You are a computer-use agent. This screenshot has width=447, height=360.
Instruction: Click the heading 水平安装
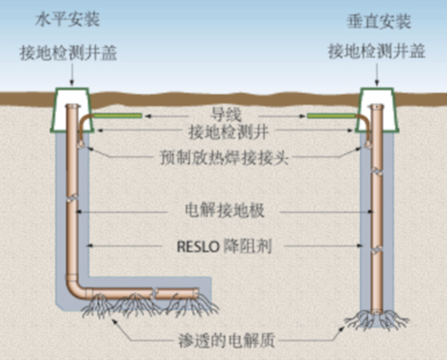(67, 19)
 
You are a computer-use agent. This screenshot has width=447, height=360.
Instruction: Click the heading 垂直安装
(379, 21)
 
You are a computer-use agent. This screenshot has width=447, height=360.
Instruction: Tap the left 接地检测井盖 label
(68, 53)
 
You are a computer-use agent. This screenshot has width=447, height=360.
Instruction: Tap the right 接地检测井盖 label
(377, 51)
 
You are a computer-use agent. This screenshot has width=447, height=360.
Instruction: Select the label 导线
(226, 115)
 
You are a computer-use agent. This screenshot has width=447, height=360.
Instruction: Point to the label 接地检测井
(229, 132)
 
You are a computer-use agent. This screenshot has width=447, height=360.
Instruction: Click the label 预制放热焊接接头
(225, 157)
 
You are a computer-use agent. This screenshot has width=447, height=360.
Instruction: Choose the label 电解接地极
(225, 211)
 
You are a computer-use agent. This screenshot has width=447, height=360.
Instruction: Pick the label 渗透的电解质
(226, 340)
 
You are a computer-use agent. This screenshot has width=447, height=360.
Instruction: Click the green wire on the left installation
(118, 115)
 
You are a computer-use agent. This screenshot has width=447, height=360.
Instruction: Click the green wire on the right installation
(332, 115)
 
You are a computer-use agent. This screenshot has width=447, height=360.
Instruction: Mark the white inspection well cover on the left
(72, 110)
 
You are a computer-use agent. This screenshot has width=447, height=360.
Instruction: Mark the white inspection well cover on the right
(377, 110)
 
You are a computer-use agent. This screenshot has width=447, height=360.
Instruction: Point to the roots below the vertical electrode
(377, 320)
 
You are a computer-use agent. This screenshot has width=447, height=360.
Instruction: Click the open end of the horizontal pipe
(197, 293)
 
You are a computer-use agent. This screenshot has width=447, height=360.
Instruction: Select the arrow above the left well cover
(72, 74)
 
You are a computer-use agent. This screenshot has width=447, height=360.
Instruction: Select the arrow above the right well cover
(377, 74)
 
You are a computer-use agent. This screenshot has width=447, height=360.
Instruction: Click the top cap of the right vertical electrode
(377, 107)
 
